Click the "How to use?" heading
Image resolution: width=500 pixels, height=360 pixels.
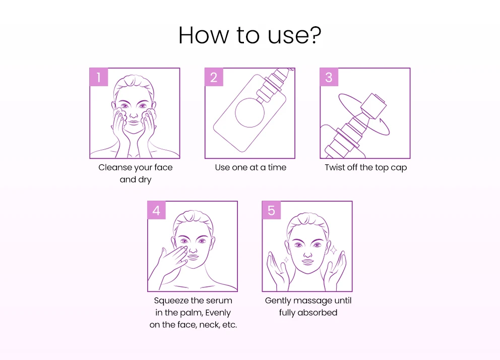pos(249,35)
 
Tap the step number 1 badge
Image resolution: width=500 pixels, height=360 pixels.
pos(99,77)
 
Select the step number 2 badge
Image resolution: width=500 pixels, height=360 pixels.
pos(214,77)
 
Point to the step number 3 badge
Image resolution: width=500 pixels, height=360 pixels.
pos(329,77)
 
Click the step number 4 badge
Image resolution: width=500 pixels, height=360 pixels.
pos(157,210)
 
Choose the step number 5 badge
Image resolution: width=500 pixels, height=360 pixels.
pos(271,210)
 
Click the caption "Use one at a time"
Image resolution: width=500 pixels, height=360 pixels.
pos(251,167)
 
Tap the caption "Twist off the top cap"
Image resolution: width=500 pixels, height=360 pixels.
pos(366,168)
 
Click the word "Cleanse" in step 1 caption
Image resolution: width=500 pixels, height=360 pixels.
pos(115,167)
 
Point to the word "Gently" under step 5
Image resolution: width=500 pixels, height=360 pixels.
pos(278,301)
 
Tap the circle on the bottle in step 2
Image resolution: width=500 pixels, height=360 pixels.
pos(249,113)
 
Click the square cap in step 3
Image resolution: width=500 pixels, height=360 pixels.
pos(373,105)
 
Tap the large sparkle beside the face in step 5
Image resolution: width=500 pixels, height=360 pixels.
pos(333,250)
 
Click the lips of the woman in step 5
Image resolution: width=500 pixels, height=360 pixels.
pos(308,262)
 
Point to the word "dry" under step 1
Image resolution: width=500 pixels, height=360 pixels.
pos(145,180)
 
